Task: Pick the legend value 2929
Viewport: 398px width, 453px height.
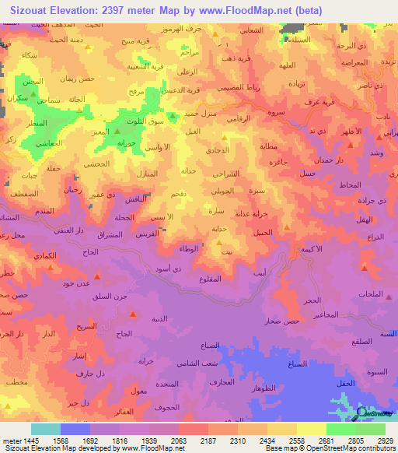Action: point(385,440)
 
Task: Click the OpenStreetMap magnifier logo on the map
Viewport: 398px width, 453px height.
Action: point(362,413)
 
